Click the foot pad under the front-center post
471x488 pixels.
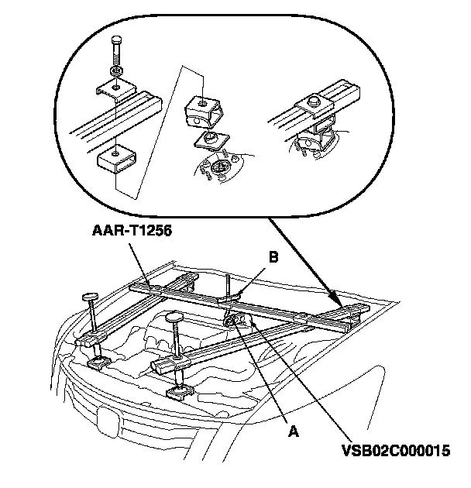click(x=180, y=391)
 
